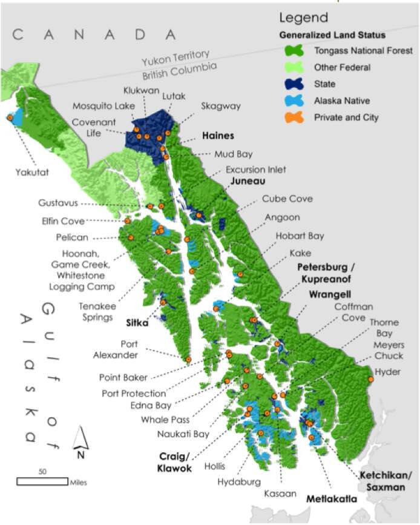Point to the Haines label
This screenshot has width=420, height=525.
(218, 136)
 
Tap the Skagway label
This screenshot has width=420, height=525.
(220, 106)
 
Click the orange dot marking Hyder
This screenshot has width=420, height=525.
(371, 379)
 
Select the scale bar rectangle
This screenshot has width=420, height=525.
(41, 481)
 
